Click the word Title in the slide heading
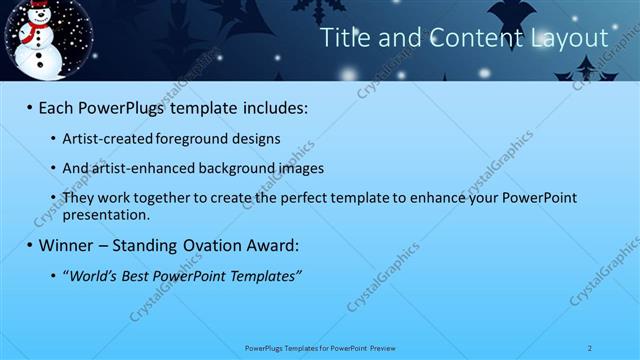[342, 39]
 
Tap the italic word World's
[93, 275]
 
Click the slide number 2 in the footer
[591, 347]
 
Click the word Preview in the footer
[383, 347]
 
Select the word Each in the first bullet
[58, 107]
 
